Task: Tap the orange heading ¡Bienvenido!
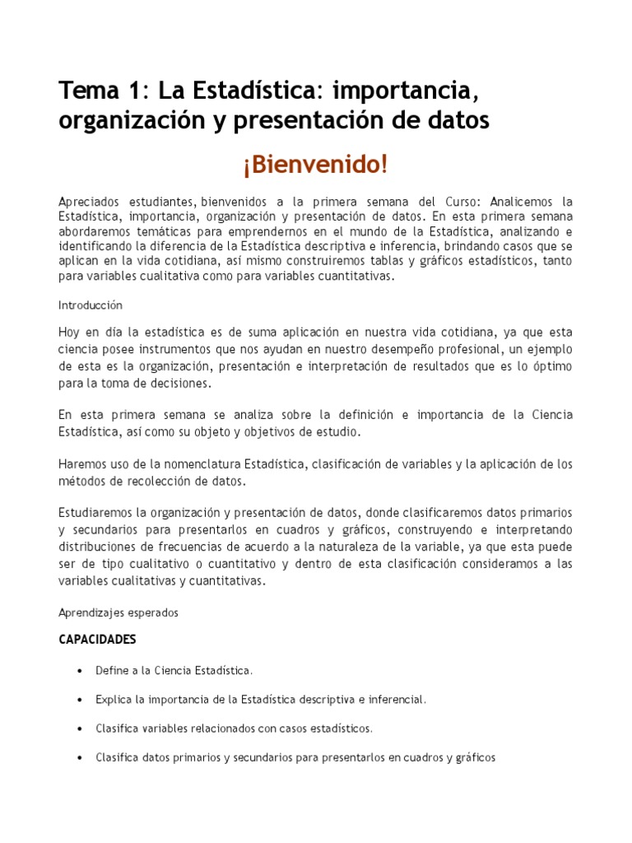point(315,164)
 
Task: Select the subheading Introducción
point(91,305)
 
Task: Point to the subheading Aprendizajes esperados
point(118,612)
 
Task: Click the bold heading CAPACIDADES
point(97,640)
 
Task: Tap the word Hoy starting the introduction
point(69,332)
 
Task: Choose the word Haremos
point(81,464)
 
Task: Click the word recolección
point(152,481)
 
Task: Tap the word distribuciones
point(98,547)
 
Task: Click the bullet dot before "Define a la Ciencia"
point(78,671)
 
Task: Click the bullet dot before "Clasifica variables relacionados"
point(78,729)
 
